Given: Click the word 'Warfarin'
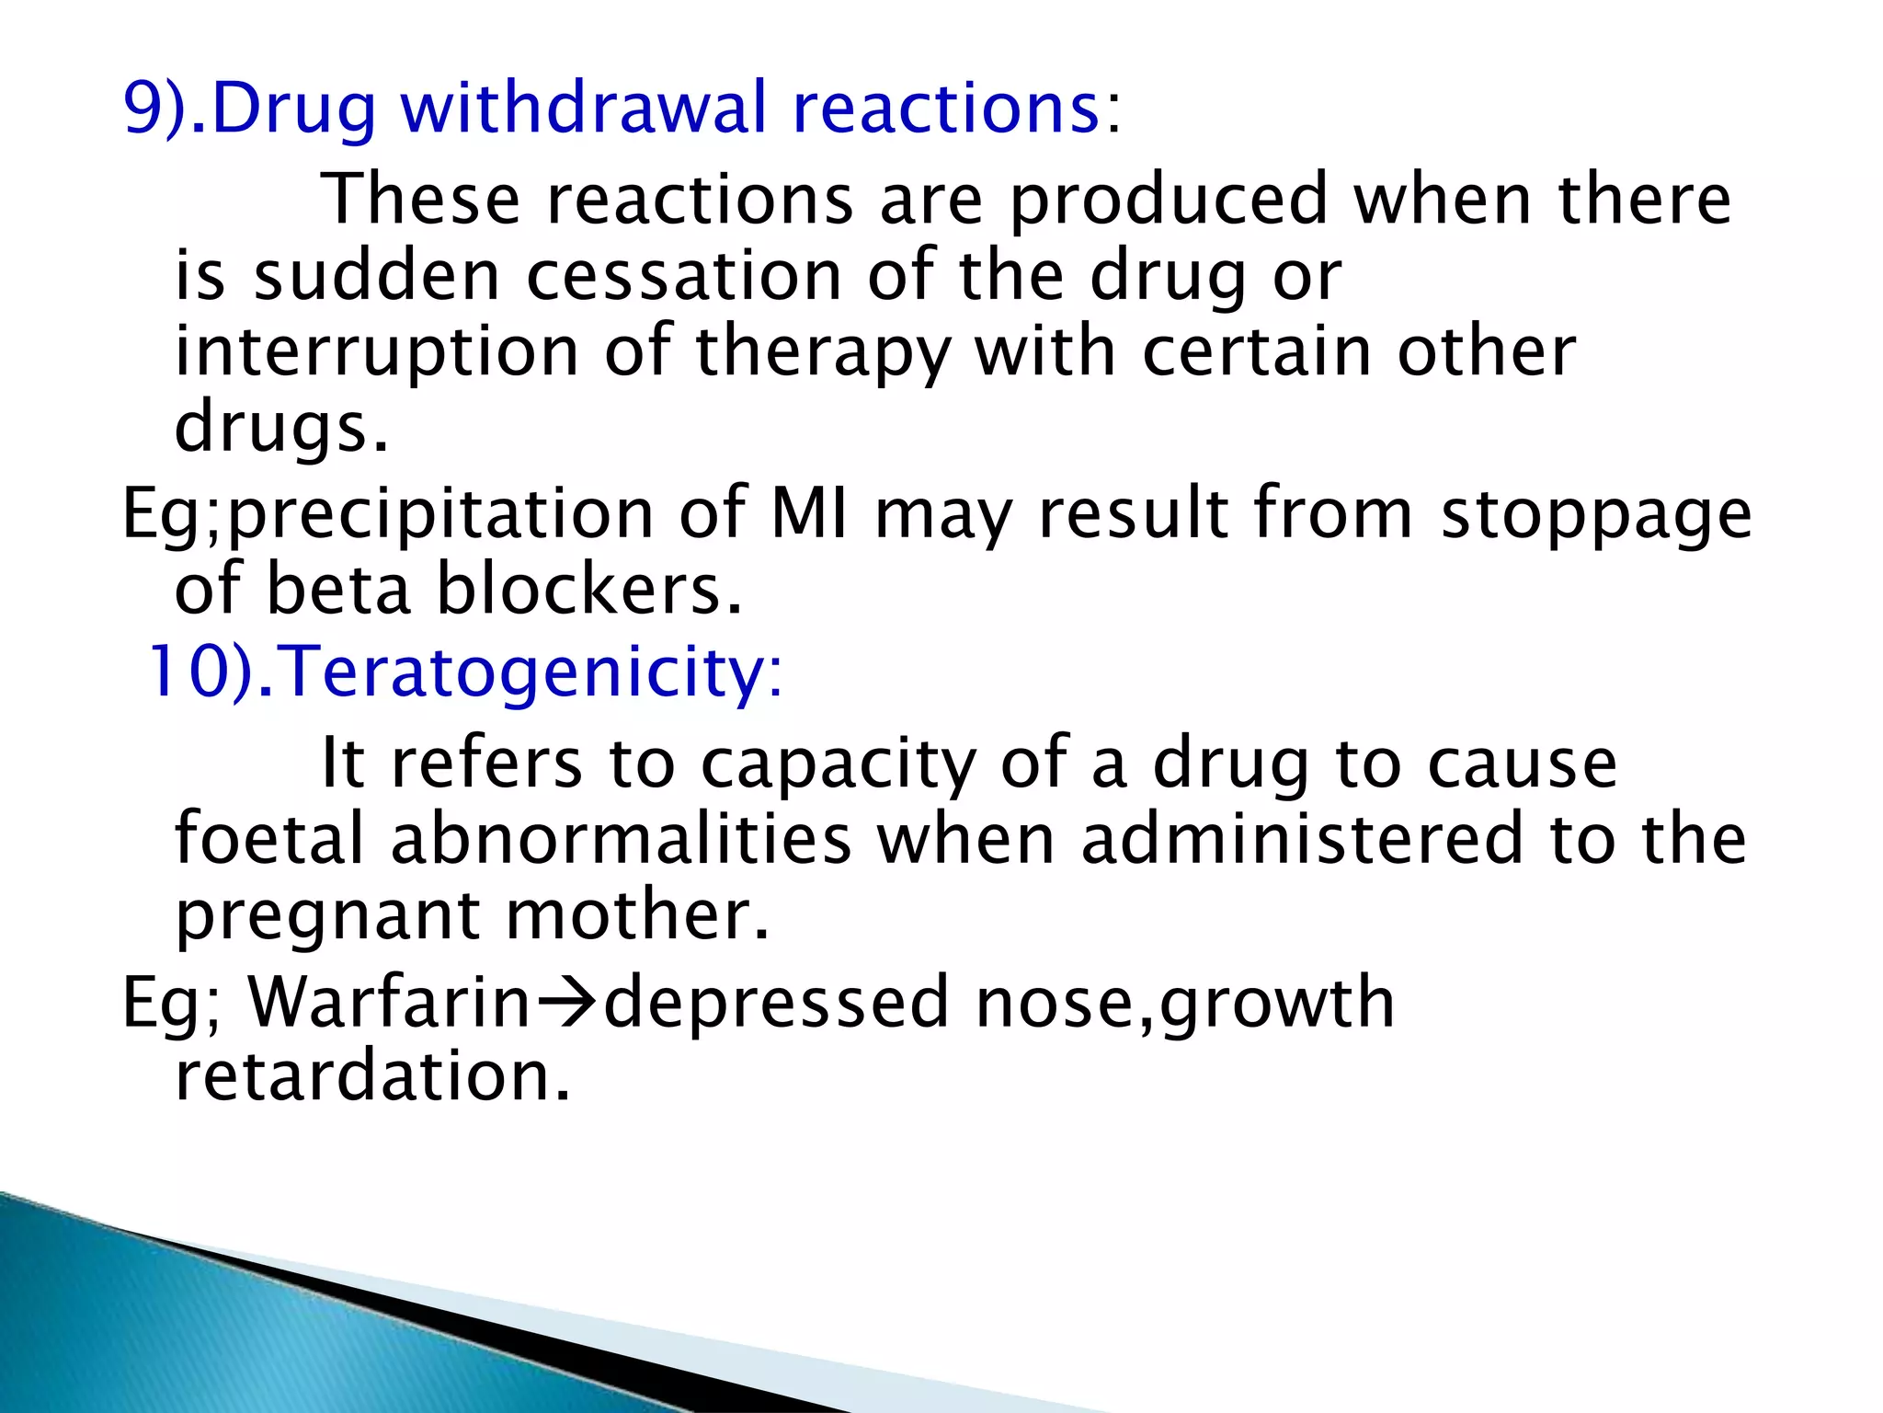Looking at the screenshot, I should click(390, 1003).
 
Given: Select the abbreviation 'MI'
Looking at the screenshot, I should click(809, 513).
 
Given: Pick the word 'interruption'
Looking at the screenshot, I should click(377, 352).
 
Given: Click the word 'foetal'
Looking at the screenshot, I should click(270, 839).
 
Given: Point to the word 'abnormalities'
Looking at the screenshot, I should click(622, 839).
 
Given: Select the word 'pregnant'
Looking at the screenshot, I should click(327, 916).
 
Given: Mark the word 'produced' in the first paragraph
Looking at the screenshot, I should click(1170, 200).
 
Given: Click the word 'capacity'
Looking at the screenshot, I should click(838, 764).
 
